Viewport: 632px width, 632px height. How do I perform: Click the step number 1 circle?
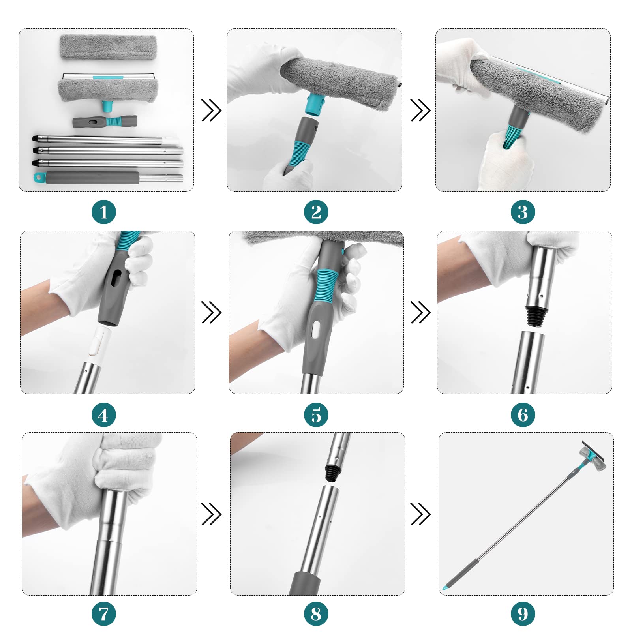coord(104,212)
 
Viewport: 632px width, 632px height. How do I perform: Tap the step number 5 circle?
coord(316,414)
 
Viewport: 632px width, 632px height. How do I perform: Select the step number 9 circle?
coord(523,613)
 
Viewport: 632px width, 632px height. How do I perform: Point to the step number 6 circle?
coord(523,414)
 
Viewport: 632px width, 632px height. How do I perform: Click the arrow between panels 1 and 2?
coord(212,110)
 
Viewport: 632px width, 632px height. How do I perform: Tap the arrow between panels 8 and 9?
coord(420,514)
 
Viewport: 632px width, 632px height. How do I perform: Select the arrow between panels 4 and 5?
coord(212,312)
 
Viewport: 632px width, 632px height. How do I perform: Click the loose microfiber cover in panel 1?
coord(108,47)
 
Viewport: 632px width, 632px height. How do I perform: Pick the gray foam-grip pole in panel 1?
coord(108,178)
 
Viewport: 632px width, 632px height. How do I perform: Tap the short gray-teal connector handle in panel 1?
coord(105,121)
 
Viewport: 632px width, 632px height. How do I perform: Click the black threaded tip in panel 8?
coord(333,473)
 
